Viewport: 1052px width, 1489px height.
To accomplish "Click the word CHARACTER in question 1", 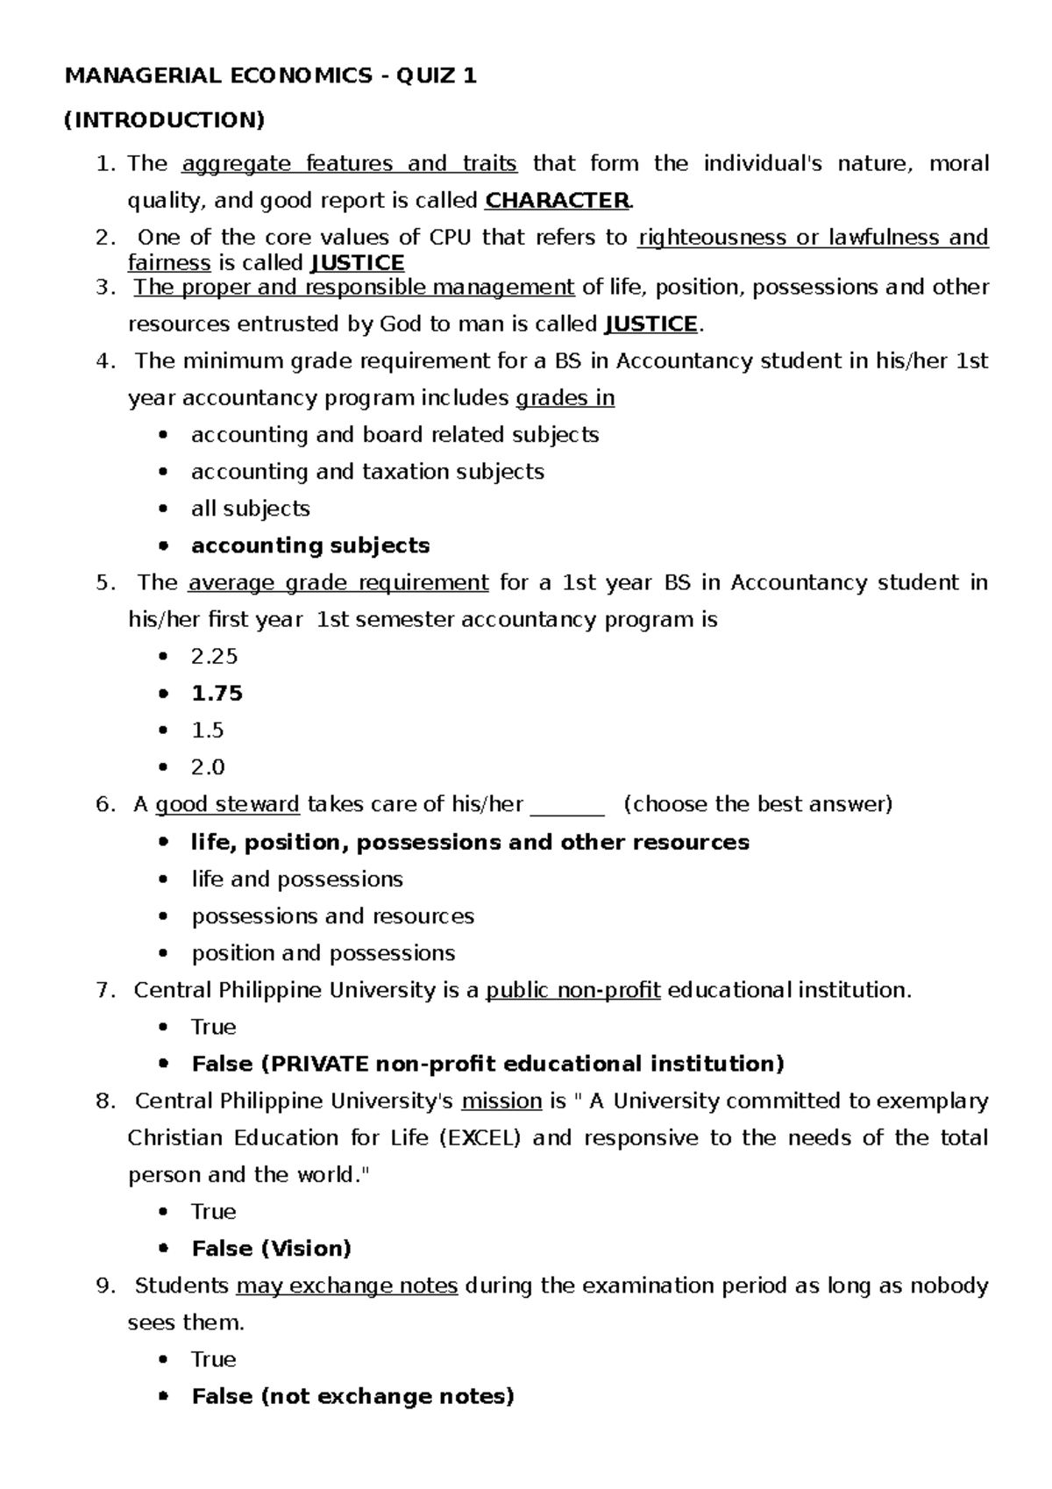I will pos(557,201).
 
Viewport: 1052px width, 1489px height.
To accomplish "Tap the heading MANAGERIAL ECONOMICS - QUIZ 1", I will pos(271,76).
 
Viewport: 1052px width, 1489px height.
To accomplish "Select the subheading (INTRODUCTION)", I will pos(164,120).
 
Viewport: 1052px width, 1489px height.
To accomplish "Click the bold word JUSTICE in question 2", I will pos(358,263).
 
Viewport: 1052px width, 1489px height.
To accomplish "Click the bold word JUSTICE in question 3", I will pos(651,324).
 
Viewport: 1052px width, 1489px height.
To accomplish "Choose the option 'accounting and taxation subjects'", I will pos(367,472).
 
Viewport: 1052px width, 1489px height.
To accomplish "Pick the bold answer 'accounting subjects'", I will pos(310,545).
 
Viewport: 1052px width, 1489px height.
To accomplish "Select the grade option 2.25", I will pos(214,657).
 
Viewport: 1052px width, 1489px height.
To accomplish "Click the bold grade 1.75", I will pos(217,694).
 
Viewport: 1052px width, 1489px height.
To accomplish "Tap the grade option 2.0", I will pos(208,767).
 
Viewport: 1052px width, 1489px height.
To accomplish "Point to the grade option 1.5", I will pos(207,730).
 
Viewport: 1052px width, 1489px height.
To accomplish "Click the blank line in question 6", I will pos(568,806).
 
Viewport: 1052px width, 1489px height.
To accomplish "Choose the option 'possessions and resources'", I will pos(332,916).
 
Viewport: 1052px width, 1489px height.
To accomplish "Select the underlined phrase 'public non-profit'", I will pos(573,990).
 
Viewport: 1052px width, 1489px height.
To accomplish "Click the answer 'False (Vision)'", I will pos(271,1249).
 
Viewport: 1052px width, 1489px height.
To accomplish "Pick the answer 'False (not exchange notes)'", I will pos(352,1396).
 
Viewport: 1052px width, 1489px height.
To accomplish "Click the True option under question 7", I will pos(213,1027).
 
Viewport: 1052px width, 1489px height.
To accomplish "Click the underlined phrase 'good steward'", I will pos(227,805).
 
